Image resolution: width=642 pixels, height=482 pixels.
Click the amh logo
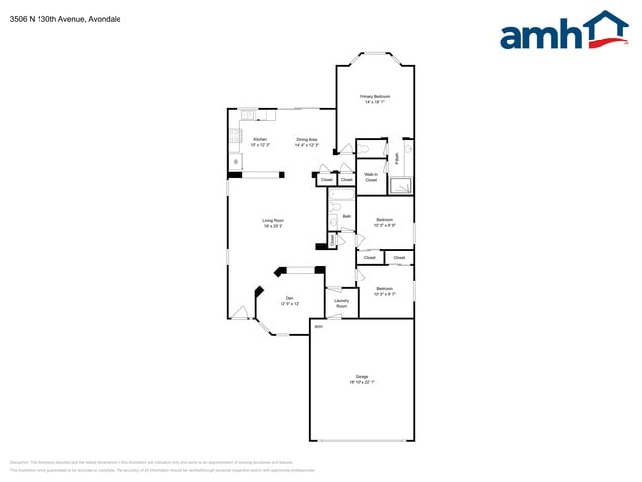pos(563,32)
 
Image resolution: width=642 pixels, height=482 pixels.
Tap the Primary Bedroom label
pos(374,96)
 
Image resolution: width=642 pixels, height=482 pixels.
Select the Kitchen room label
pos(260,139)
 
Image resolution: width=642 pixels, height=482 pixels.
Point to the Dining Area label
pos(307,139)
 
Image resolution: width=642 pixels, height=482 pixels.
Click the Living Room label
pos(274,219)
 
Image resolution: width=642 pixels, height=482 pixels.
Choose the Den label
pos(289,297)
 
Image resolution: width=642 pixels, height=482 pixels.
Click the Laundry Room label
pos(341,304)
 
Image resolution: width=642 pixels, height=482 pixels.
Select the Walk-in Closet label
pos(371,177)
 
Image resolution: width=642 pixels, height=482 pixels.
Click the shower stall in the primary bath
pos(401,184)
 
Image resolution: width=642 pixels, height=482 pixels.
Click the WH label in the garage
pos(318,325)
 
